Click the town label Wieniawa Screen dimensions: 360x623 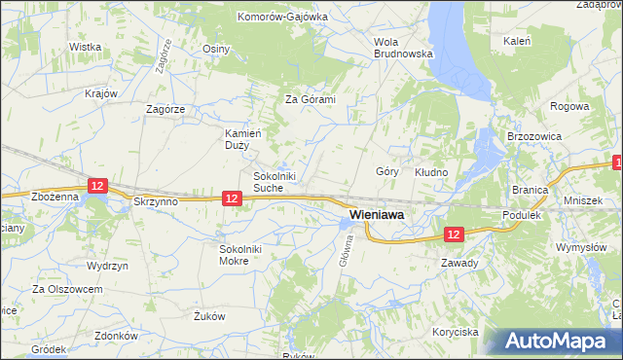pyautogui.click(x=377, y=214)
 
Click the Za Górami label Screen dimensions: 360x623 pyautogui.click(x=310, y=99)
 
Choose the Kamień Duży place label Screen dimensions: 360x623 pyautogui.click(x=238, y=139)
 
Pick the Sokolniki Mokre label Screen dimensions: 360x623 pyautogui.click(x=240, y=254)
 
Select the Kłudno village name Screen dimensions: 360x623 pyautogui.click(x=431, y=172)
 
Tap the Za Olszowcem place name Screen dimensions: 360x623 pyautogui.click(x=67, y=289)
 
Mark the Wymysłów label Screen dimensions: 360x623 pyautogui.click(x=581, y=247)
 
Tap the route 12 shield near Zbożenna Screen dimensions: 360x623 pyautogui.click(x=95, y=184)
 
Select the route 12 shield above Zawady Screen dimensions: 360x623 pyautogui.click(x=455, y=234)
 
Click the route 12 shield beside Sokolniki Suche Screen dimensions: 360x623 pyautogui.click(x=231, y=198)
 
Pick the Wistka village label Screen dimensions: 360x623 pyautogui.click(x=86, y=47)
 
